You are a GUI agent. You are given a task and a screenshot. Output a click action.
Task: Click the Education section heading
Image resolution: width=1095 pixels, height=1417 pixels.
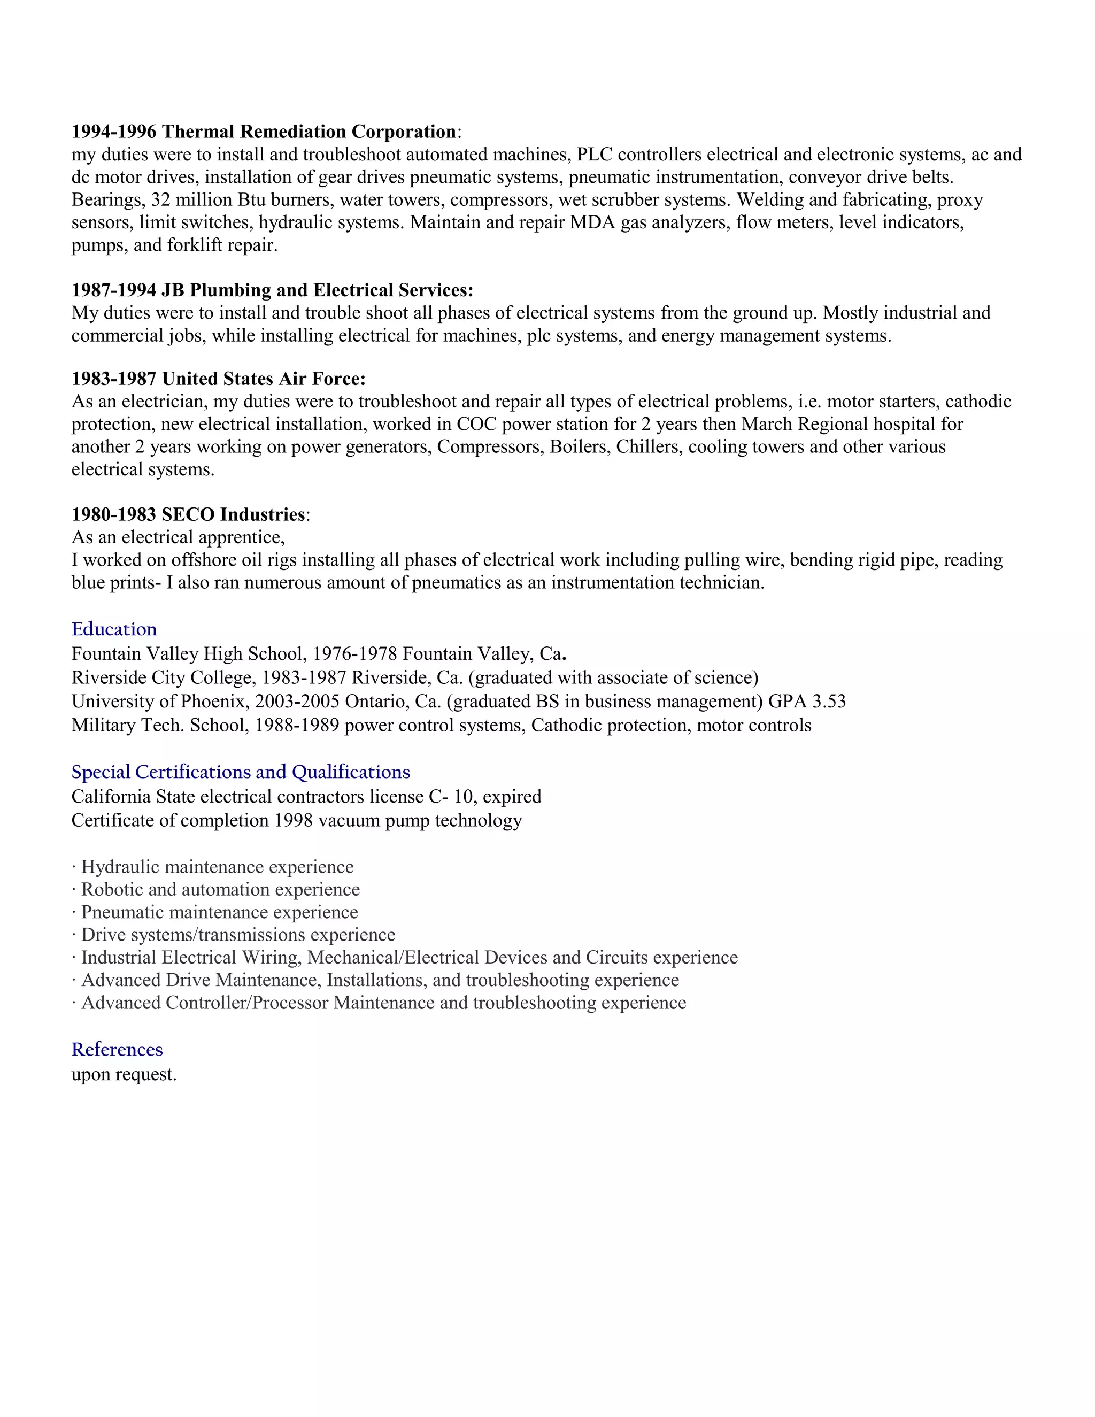pos(114,629)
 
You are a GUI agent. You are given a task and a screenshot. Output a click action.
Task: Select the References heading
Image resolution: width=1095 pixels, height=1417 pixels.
pos(117,1049)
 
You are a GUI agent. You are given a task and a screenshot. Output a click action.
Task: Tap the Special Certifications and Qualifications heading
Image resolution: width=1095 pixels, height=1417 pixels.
pos(241,772)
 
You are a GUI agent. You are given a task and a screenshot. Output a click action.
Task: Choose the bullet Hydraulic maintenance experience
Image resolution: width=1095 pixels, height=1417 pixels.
pos(217,867)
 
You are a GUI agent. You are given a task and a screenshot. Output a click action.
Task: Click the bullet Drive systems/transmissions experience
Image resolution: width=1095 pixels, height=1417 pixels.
pos(237,935)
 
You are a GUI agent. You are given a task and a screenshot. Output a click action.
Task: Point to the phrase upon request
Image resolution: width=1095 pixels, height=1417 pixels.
pos(124,1074)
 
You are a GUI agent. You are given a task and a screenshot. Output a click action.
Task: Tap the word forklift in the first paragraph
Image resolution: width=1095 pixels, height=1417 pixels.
pos(194,245)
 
